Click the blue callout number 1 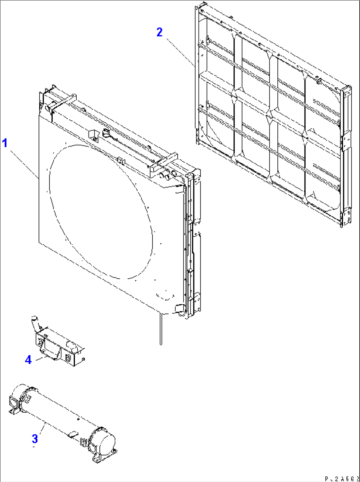point(5,143)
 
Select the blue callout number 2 point(160,32)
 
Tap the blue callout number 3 point(35,439)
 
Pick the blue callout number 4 point(28,360)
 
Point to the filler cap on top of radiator point(106,133)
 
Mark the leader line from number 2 point(180,51)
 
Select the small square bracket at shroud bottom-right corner point(179,308)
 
